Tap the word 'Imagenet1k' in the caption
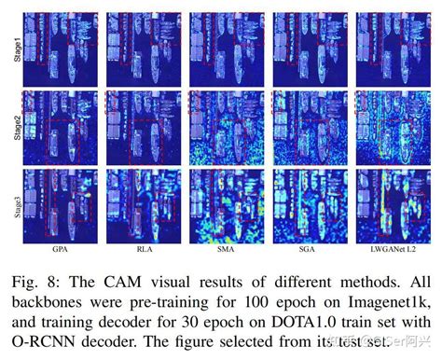coord(378,299)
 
